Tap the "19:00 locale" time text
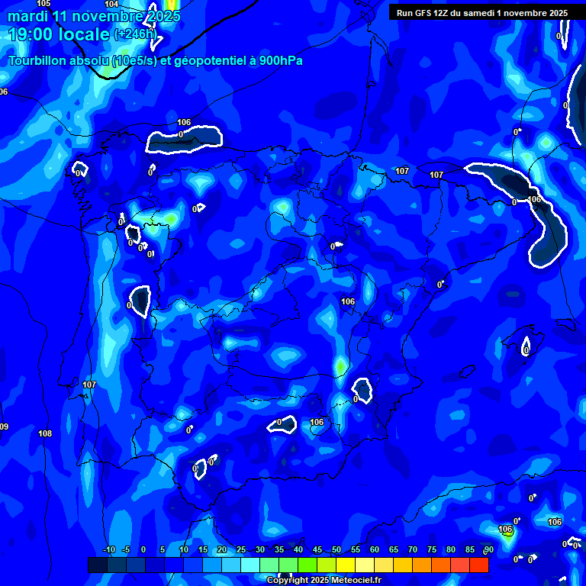point(58,34)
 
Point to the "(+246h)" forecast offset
point(135,34)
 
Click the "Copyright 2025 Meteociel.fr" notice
point(323,581)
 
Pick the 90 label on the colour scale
point(488,550)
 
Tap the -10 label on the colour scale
point(108,550)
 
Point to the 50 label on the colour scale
point(336,550)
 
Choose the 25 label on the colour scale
point(241,550)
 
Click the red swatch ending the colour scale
point(479,565)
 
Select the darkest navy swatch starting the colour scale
point(97,565)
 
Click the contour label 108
point(45,433)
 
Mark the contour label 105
point(43,4)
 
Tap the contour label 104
point(111,5)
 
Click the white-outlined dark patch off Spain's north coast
point(185,137)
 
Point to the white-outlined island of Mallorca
point(526,347)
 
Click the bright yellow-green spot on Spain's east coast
point(340,367)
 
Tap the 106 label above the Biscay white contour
point(184,122)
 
